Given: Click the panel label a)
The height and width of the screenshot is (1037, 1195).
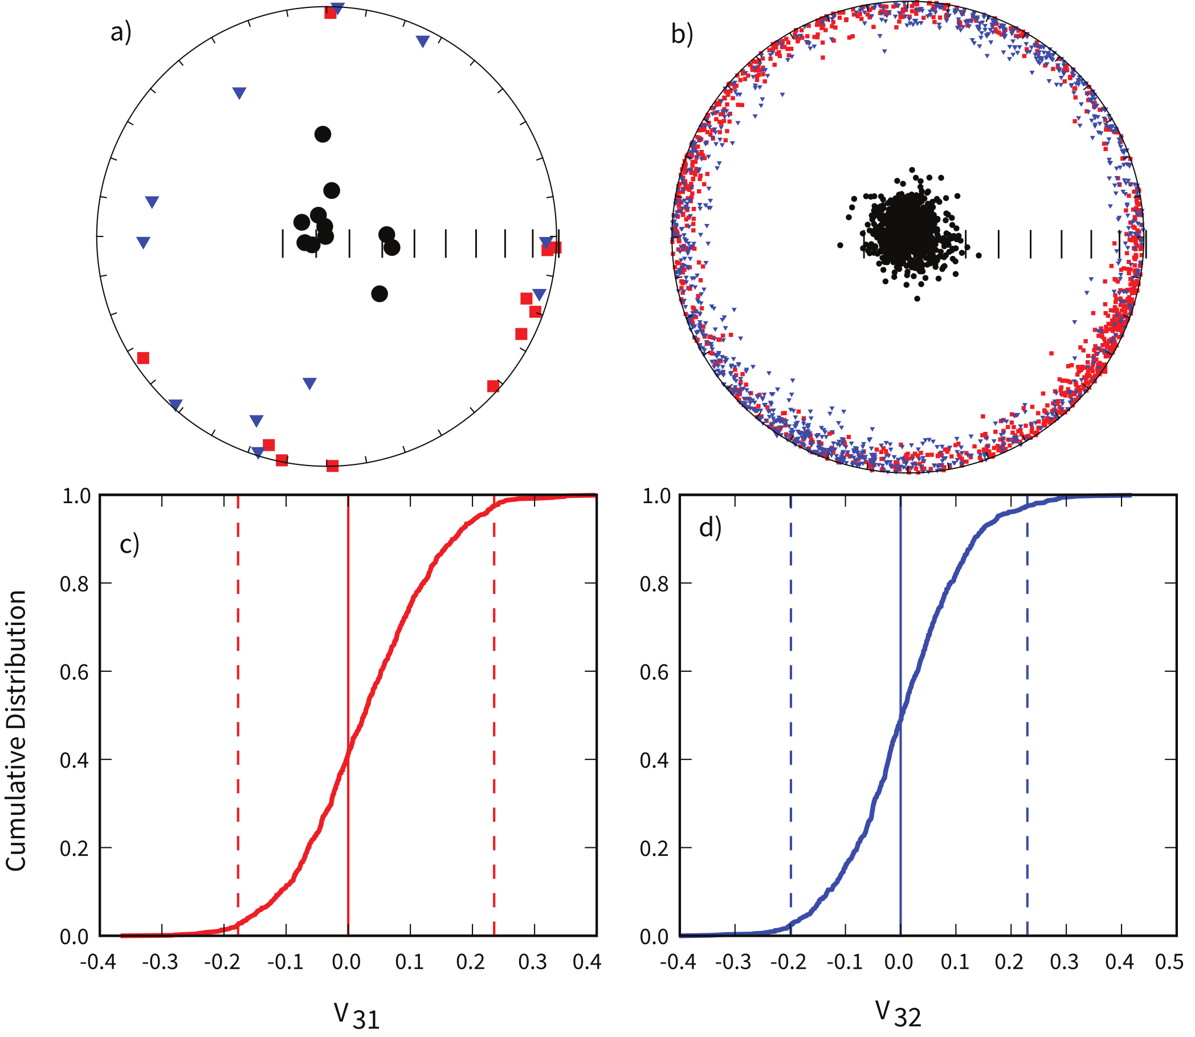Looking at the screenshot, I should pyautogui.click(x=121, y=32).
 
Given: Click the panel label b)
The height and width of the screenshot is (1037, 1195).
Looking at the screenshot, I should pyautogui.click(x=682, y=34).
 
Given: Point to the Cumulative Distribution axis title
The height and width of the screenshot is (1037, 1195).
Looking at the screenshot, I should pyautogui.click(x=16, y=730).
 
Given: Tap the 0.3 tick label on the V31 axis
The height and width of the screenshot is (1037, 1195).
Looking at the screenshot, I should pyautogui.click(x=532, y=962).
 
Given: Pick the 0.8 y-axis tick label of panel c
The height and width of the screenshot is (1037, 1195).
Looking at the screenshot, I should pyautogui.click(x=75, y=584).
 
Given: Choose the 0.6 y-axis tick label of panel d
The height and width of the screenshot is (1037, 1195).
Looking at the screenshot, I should pyautogui.click(x=655, y=672).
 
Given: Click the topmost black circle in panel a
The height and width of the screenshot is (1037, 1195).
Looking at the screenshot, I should pyautogui.click(x=323, y=134).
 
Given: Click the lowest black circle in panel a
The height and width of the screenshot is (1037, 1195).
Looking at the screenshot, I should pyautogui.click(x=379, y=294).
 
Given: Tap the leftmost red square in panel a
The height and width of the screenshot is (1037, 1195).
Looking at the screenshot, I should pyautogui.click(x=144, y=358).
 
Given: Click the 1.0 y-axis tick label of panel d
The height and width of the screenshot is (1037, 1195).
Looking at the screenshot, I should pyautogui.click(x=656, y=496).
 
